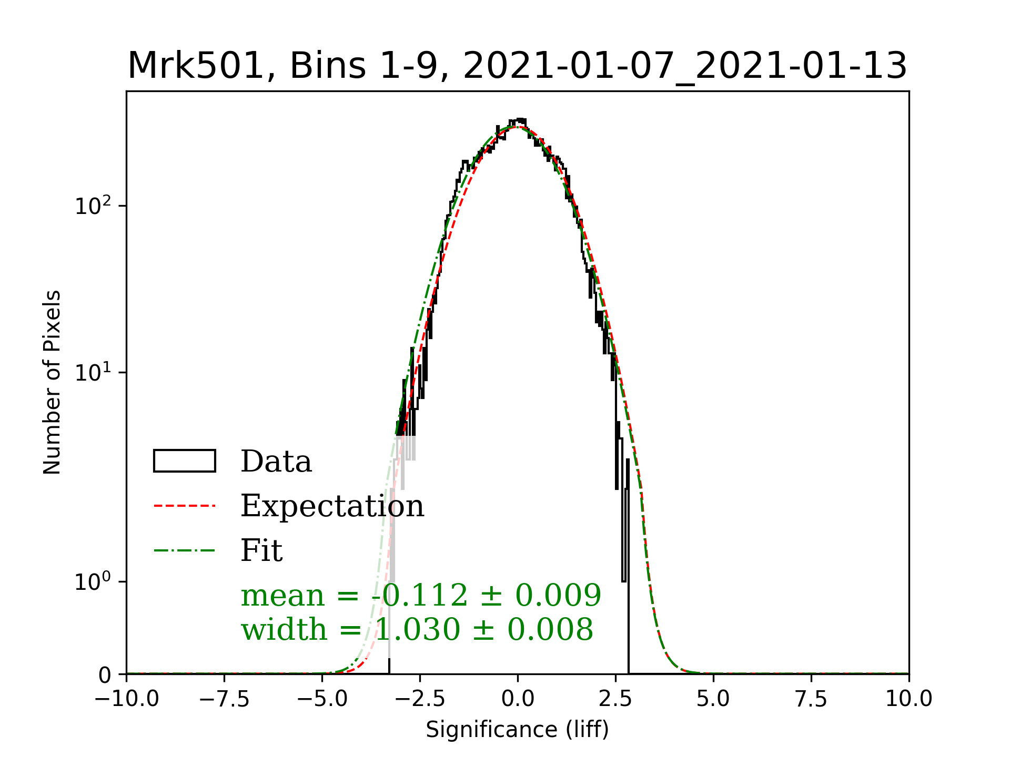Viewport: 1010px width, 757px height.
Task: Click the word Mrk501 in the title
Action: [196, 66]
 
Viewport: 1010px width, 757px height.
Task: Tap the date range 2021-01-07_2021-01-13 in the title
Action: [685, 66]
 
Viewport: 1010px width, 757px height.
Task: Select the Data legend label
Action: [276, 462]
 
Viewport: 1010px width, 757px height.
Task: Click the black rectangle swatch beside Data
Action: [185, 461]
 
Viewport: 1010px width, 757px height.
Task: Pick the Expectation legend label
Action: [332, 506]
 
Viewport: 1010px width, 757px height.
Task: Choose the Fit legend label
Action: [261, 550]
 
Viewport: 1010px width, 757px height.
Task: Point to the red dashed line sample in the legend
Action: [185, 506]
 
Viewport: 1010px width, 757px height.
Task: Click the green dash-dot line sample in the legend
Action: [185, 550]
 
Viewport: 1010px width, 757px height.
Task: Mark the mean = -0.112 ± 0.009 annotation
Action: [421, 595]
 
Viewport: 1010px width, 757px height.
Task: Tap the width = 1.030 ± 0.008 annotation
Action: [417, 629]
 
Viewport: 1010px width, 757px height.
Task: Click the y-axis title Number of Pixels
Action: [52, 382]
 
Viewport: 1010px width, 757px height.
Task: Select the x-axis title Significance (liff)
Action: [517, 730]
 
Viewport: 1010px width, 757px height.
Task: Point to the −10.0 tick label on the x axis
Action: [127, 699]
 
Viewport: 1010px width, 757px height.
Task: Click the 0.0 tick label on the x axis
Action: [518, 699]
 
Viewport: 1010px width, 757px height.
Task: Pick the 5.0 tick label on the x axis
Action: [713, 699]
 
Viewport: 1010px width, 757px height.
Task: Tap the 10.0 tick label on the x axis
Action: [908, 699]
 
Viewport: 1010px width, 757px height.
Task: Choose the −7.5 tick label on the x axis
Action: [225, 699]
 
